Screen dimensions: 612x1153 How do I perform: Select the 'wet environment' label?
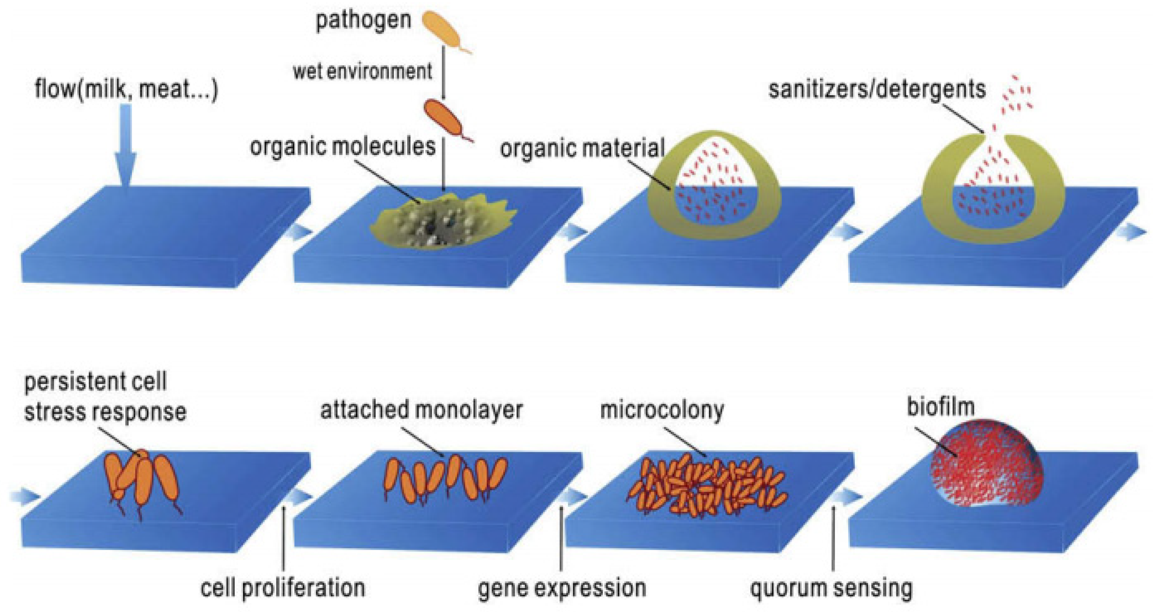[362, 72]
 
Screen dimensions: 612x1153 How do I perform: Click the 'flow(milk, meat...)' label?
[126, 89]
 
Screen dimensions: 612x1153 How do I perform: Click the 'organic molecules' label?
[343, 147]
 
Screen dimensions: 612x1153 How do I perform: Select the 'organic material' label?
[582, 148]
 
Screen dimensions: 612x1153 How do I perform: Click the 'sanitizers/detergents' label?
[877, 89]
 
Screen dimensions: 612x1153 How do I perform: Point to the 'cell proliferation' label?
[283, 587]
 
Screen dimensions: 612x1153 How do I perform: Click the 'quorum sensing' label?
[831, 588]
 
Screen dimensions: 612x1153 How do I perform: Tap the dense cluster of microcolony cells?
[707, 485]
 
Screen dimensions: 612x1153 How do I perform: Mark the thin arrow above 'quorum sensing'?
[833, 537]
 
